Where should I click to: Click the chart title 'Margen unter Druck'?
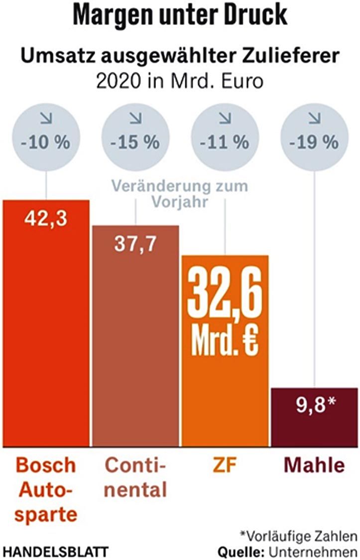[x=180, y=15]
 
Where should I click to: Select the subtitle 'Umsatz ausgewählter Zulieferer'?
[x=180, y=56]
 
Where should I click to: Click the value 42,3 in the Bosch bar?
[x=46, y=219]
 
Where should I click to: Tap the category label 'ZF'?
[x=225, y=466]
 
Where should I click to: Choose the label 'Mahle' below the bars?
[x=314, y=466]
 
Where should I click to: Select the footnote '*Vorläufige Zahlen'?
[x=298, y=536]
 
